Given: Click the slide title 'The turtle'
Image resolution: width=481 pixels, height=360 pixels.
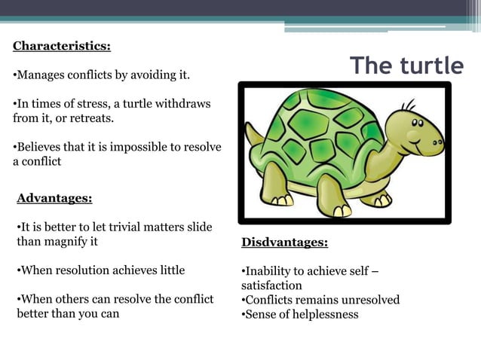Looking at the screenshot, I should tap(406, 66).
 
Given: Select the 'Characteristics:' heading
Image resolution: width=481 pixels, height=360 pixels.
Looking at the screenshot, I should tap(62, 46).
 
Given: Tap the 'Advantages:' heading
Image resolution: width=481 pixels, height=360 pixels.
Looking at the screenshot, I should tap(54, 198).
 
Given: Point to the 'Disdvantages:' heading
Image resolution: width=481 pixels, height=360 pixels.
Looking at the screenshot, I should tap(284, 243).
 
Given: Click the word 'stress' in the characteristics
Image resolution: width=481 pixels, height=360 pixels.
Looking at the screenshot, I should tap(81, 103).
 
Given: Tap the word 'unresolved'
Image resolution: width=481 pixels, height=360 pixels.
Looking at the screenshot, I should tap(369, 300).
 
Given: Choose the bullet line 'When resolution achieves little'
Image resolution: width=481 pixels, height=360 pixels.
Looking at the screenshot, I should tap(101, 270).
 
